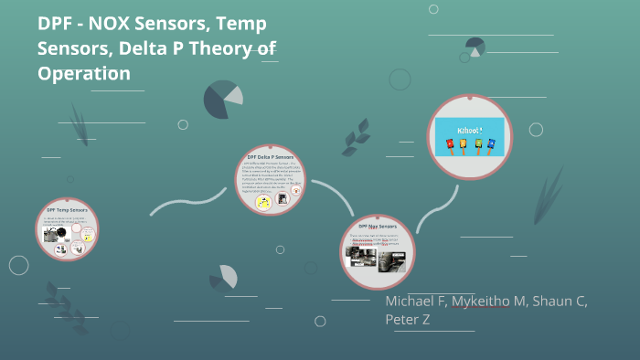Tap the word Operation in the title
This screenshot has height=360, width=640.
(x=84, y=73)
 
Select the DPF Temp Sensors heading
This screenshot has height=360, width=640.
(x=68, y=211)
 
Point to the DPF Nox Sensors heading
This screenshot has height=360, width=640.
(x=378, y=225)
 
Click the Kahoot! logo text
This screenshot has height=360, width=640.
(x=470, y=129)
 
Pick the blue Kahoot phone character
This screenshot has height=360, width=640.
(x=491, y=143)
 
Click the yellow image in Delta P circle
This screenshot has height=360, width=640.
(x=263, y=203)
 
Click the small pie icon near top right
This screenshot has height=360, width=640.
(x=475, y=47)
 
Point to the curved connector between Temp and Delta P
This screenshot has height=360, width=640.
(x=187, y=199)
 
